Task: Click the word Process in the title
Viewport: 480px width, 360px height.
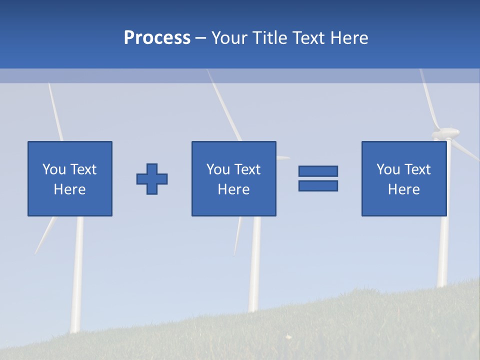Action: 157,38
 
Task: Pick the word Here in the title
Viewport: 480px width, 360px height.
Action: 349,38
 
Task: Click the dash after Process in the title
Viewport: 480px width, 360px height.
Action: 201,38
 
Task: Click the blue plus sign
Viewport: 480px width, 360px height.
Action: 152,179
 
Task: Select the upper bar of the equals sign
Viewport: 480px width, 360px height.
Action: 318,171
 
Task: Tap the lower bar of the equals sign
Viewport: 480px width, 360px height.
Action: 318,185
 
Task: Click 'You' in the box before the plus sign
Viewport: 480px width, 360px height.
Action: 54,169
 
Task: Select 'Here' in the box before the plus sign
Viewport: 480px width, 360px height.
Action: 69,189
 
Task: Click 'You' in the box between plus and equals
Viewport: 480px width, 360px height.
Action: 218,169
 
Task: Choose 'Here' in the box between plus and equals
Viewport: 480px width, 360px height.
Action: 233,189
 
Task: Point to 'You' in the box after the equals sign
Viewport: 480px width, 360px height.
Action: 388,169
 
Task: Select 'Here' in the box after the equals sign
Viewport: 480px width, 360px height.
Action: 403,189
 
